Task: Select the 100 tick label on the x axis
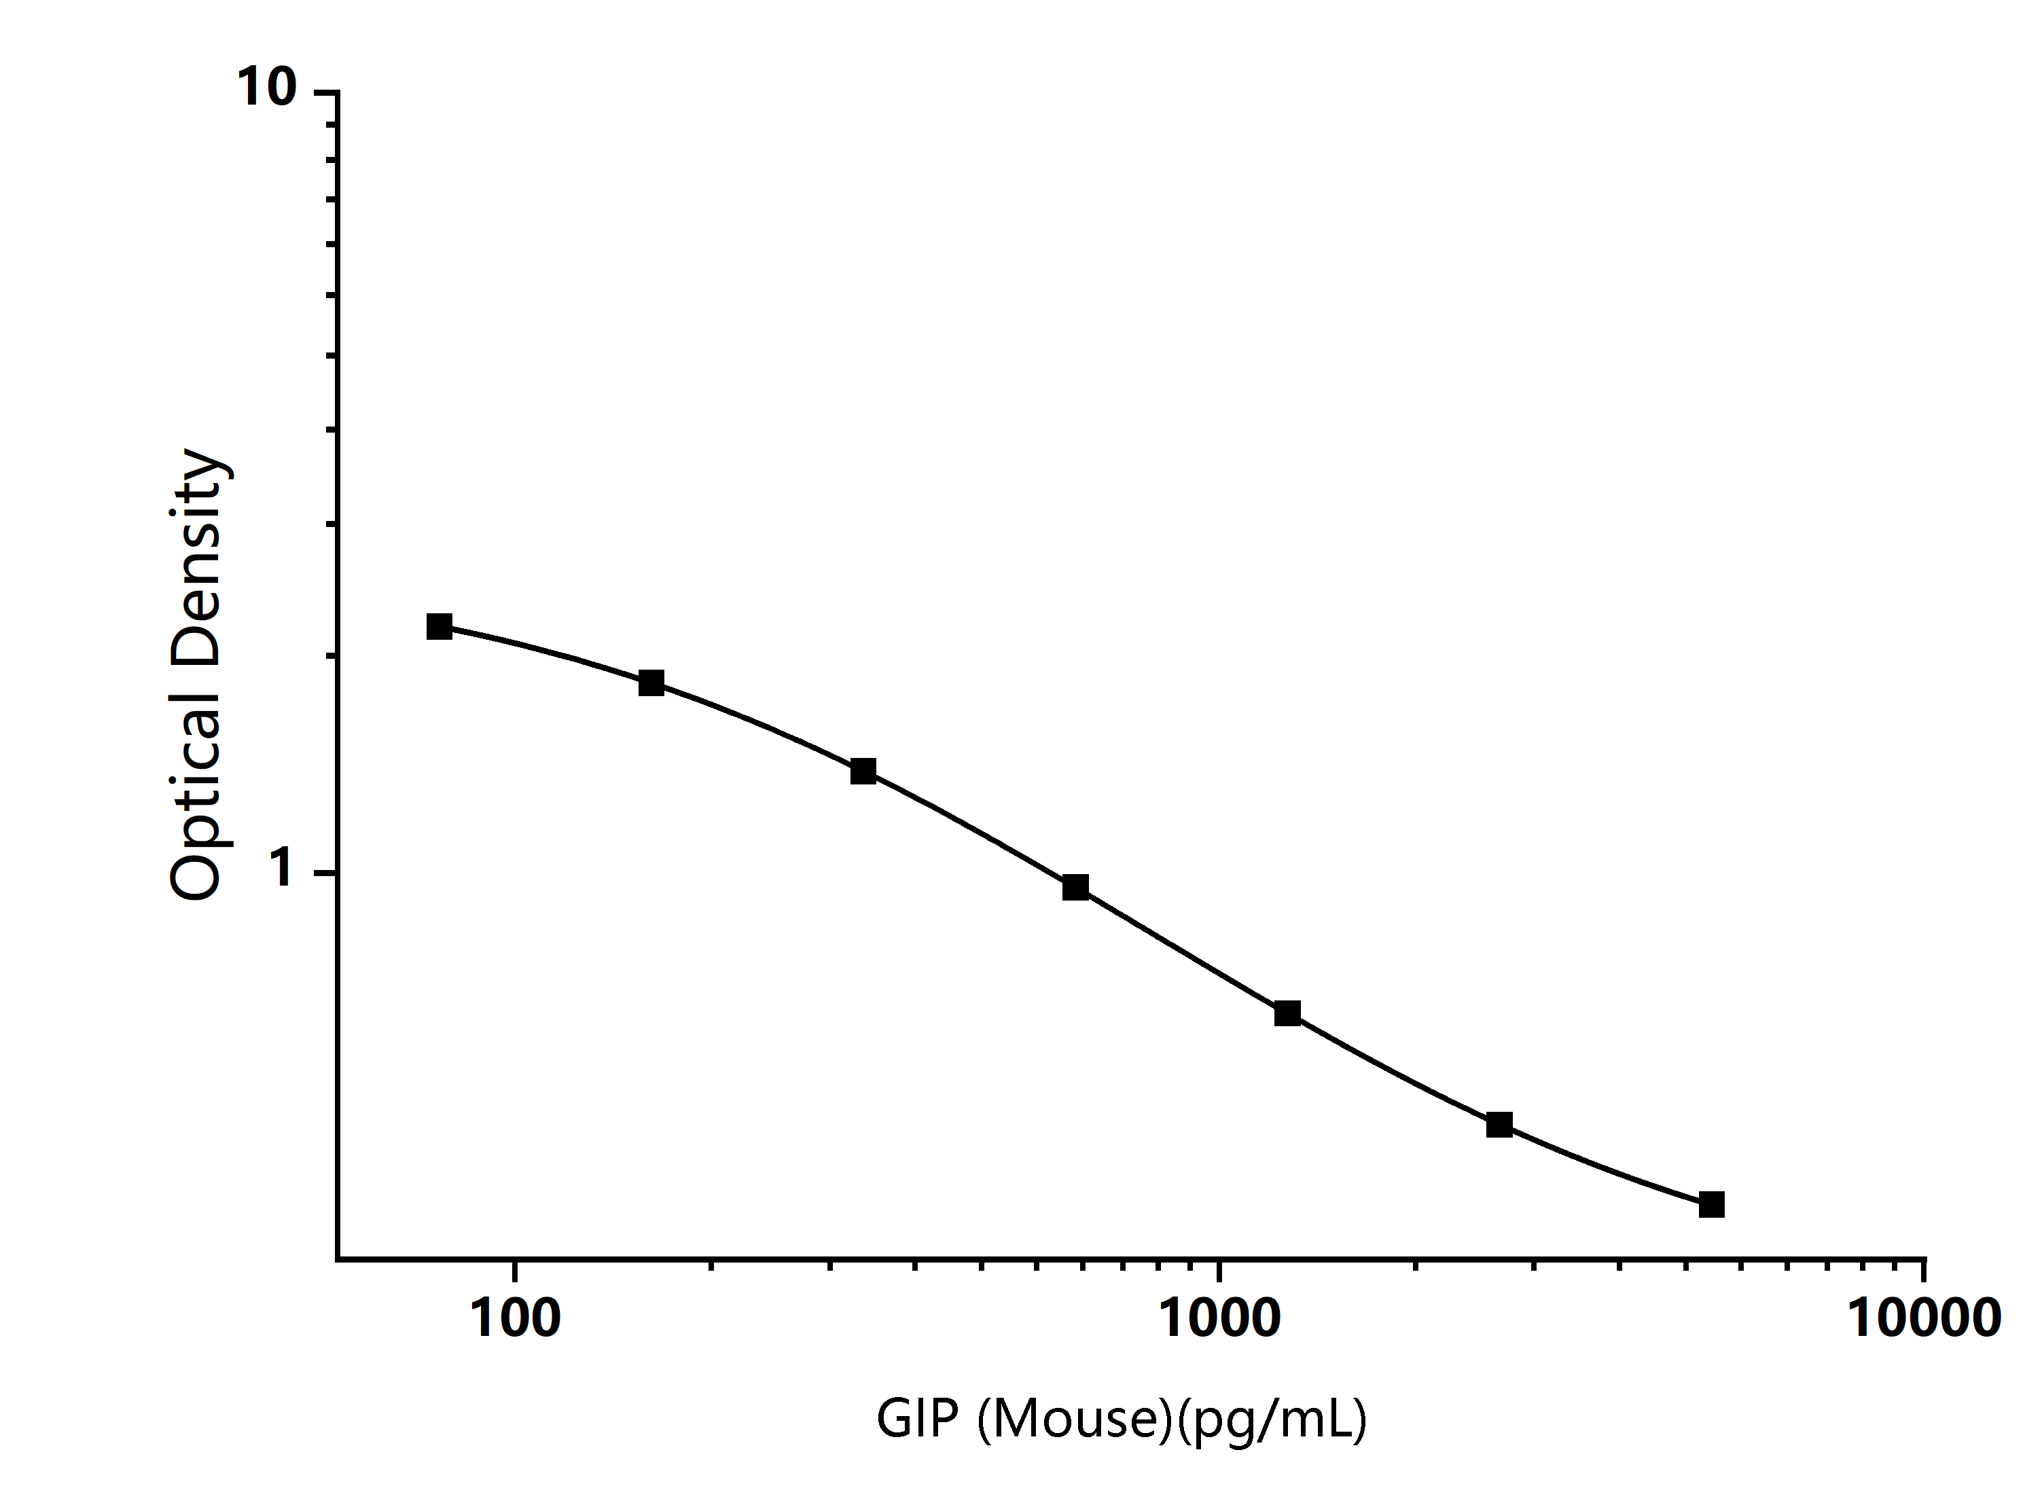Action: [x=515, y=1318]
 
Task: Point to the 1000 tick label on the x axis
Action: [x=1219, y=1318]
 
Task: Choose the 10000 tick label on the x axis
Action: [x=1924, y=1318]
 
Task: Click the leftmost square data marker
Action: [x=440, y=626]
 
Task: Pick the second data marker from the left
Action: [x=651, y=683]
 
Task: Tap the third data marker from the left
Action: [x=863, y=772]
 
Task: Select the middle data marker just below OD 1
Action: [x=1075, y=887]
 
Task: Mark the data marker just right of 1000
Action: [x=1287, y=1013]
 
